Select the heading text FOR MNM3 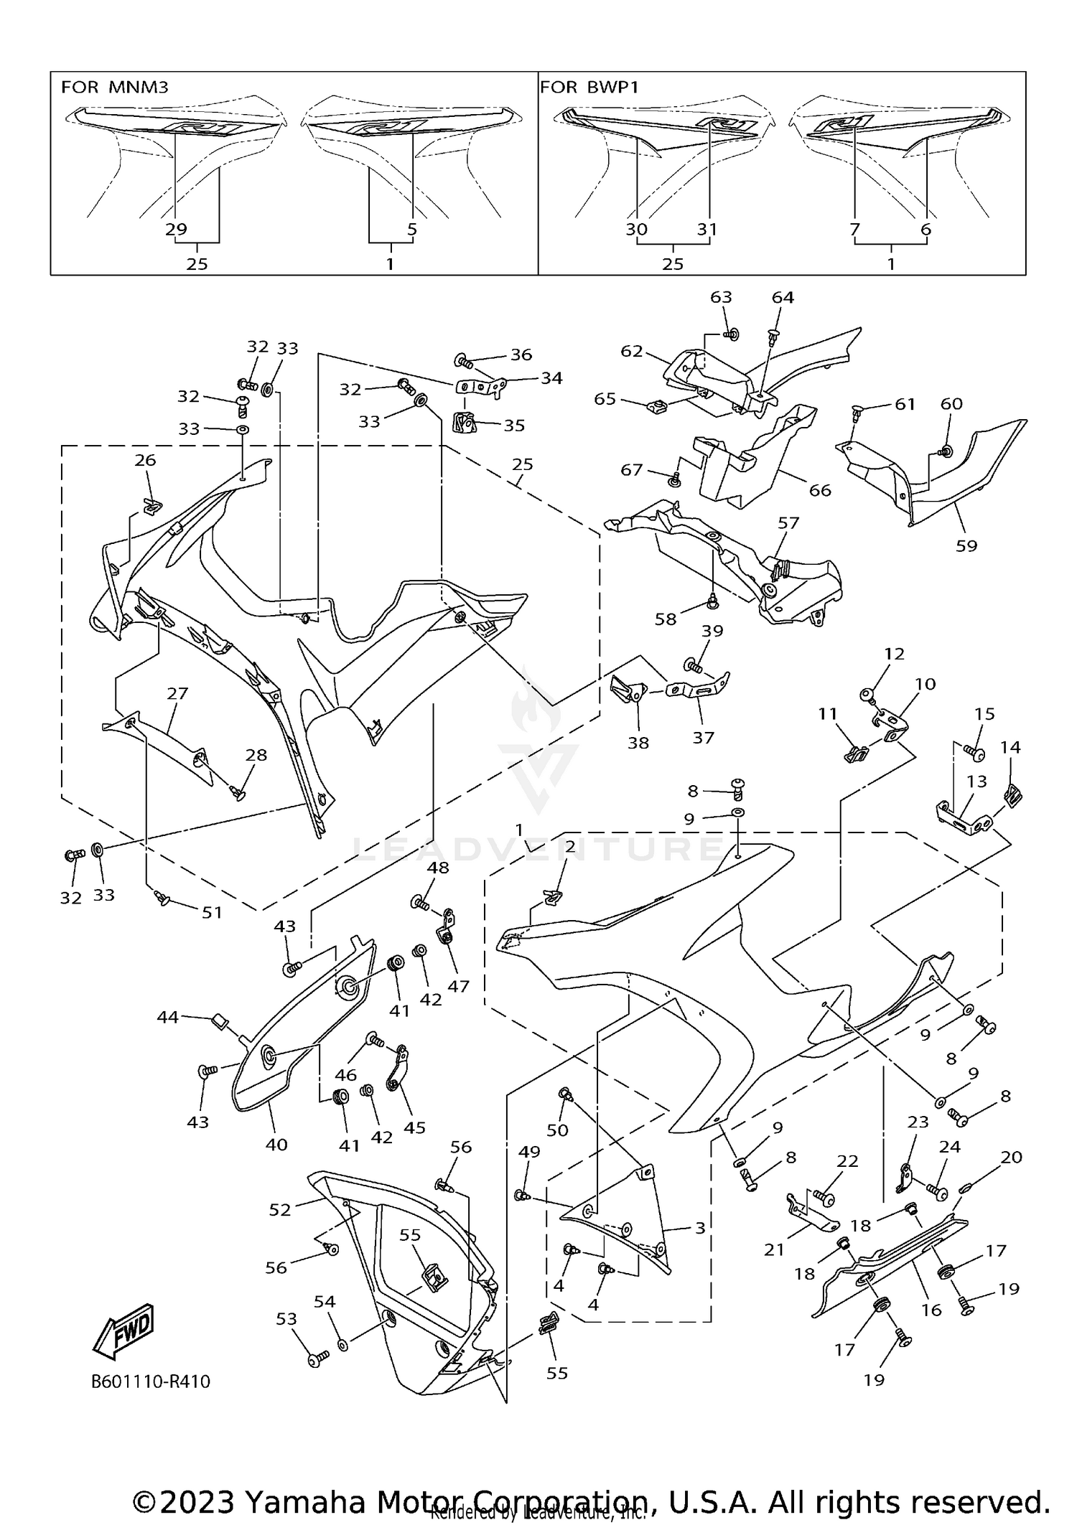pos(115,88)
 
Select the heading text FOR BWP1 pos(589,88)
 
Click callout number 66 pos(820,490)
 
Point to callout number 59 pos(966,545)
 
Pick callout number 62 pos(632,352)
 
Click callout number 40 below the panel pos(276,1145)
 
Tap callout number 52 pos(280,1210)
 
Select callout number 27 pos(177,693)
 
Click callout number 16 pos(931,1310)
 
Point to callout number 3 pos(700,1228)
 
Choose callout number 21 pos(774,1249)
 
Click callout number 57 pos(788,523)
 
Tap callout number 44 pos(168,1017)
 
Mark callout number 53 pos(286,1318)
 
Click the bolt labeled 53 pos(318,1358)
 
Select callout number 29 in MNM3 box pos(176,229)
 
